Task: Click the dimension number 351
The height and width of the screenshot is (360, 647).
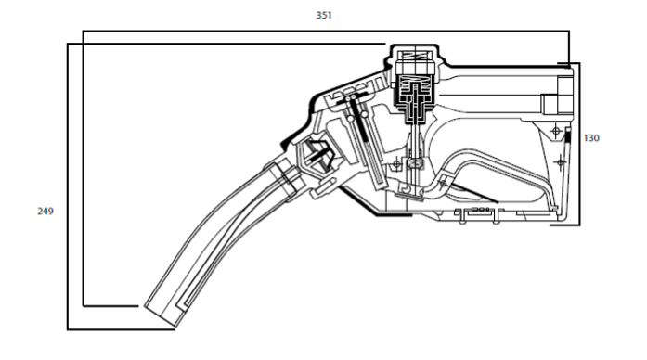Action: click(324, 15)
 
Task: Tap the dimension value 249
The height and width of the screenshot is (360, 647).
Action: click(45, 212)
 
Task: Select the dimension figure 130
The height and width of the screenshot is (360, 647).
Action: click(591, 138)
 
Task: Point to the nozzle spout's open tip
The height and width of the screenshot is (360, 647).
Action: click(162, 315)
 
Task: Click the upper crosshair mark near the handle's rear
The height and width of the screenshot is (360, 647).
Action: click(556, 131)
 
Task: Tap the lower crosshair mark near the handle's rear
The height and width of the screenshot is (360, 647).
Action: click(560, 162)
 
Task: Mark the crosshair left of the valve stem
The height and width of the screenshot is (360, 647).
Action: click(396, 164)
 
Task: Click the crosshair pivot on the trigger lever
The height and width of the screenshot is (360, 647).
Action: click(443, 183)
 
